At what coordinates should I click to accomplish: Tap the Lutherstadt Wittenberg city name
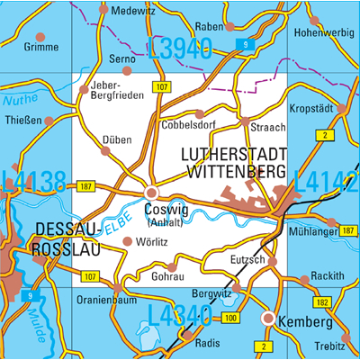click(234, 161)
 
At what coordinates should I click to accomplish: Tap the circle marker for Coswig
click(152, 193)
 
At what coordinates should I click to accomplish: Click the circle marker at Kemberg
click(267, 318)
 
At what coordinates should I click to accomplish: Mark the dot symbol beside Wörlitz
click(127, 240)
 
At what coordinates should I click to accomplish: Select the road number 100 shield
click(231, 319)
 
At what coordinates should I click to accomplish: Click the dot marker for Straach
click(245, 120)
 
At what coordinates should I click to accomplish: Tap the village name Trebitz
click(330, 346)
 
